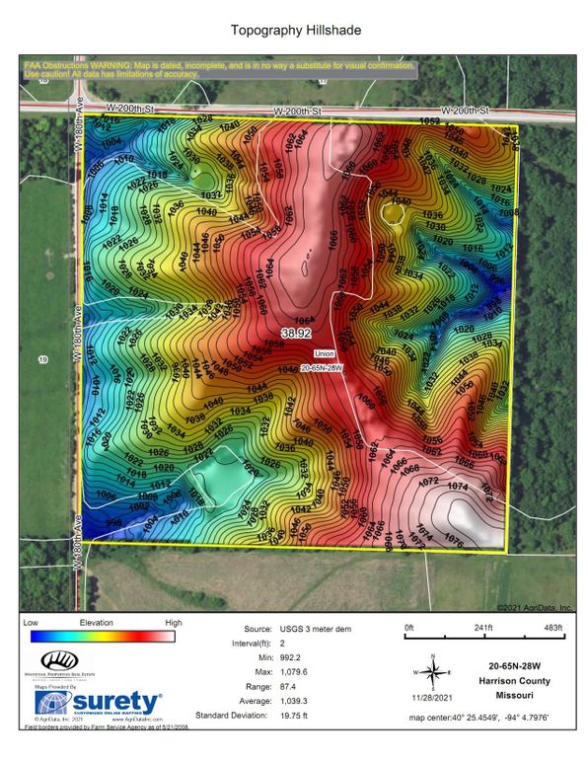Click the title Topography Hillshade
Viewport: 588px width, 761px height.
tap(294, 32)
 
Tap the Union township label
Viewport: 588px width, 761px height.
tap(325, 352)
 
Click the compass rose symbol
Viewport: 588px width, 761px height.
tap(432, 671)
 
